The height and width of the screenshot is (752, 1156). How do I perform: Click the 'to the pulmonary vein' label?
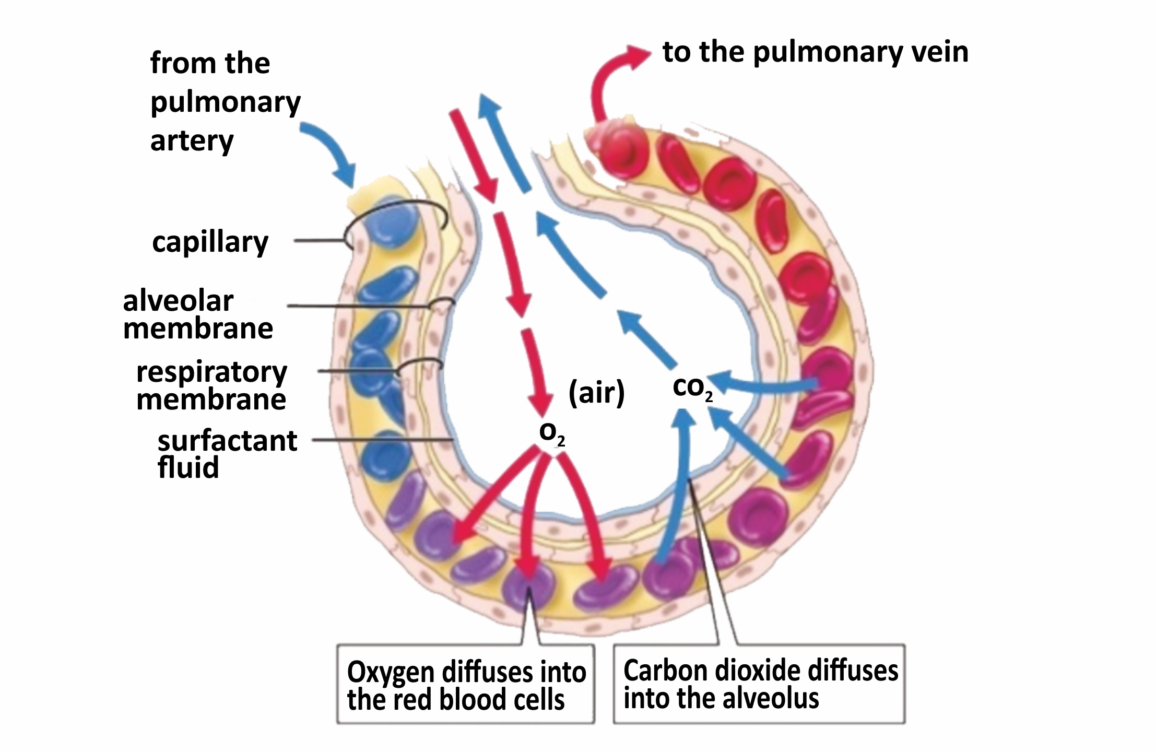coord(815,52)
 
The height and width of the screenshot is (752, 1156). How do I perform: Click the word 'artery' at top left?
coord(192,141)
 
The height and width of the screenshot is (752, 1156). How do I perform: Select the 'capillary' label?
coord(210,242)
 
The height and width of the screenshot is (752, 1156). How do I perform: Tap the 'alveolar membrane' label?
coord(198,315)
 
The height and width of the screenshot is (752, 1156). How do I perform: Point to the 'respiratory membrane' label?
coord(211,385)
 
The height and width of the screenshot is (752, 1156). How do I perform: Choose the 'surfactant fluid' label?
coord(227,454)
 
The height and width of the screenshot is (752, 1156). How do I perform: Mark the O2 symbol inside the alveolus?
coord(551,433)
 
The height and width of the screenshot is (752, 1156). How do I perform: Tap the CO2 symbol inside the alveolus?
coord(692,387)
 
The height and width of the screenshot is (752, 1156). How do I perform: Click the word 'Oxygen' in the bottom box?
coord(392,672)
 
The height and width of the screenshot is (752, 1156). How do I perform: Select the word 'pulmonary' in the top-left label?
coord(226,102)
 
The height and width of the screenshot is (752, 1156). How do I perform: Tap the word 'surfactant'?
coord(227,441)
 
